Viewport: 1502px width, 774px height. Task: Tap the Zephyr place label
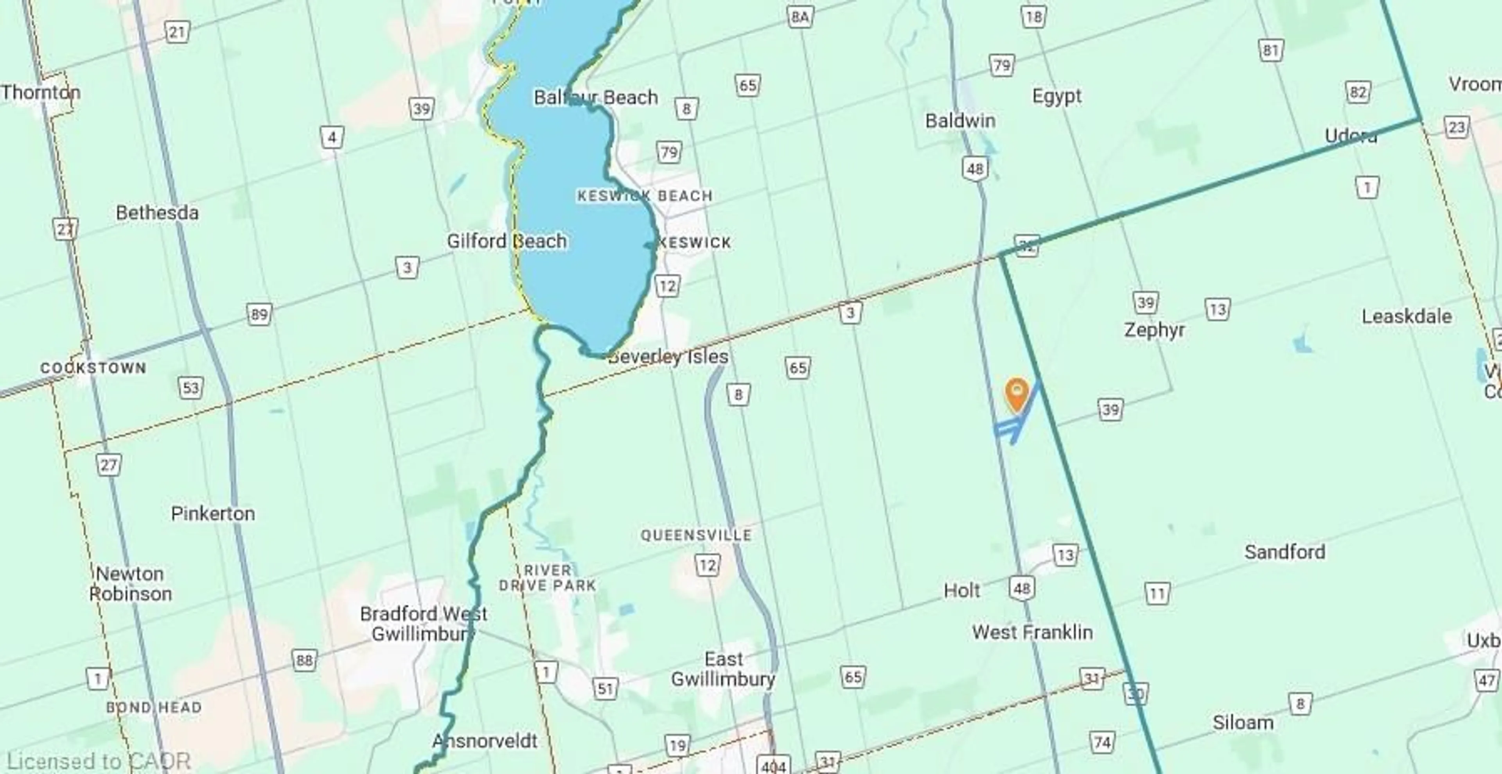(x=1155, y=330)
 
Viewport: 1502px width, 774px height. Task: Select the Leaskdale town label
(x=1407, y=317)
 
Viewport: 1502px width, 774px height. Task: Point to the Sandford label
(x=1285, y=552)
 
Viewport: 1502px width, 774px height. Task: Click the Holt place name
(x=961, y=590)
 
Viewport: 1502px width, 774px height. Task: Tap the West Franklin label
(x=1032, y=632)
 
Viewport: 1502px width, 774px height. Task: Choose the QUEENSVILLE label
(x=696, y=535)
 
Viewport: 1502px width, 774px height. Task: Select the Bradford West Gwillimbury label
(x=423, y=623)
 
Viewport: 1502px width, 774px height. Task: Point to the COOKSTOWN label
(x=93, y=368)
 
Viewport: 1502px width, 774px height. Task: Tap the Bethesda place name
(x=157, y=213)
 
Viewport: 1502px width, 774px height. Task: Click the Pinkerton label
(x=213, y=514)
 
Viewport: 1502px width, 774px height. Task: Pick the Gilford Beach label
(x=507, y=241)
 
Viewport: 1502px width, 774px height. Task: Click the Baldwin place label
(x=960, y=121)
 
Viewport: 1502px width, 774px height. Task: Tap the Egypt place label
(x=1056, y=96)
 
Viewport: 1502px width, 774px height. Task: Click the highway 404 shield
(x=773, y=765)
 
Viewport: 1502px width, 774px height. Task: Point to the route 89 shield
(x=259, y=315)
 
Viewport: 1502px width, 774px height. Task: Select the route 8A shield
(x=800, y=17)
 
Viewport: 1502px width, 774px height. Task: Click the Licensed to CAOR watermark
(x=98, y=761)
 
